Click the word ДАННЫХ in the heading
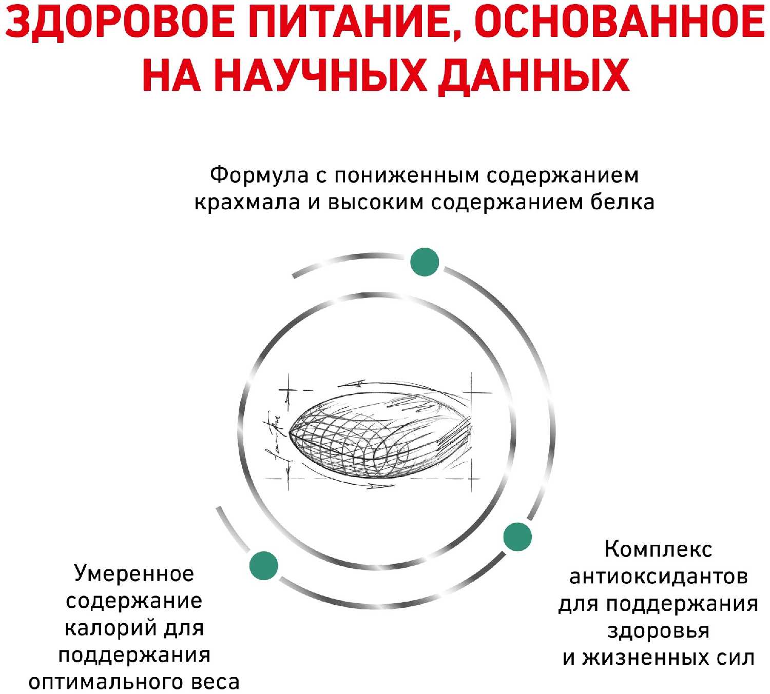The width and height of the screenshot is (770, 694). [534, 76]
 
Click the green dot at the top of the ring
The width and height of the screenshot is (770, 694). [425, 262]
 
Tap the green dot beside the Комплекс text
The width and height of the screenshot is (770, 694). [517, 537]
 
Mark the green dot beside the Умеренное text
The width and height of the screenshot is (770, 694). [264, 566]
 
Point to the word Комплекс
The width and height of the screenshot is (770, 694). [658, 549]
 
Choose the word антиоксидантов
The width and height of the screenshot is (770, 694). [658, 577]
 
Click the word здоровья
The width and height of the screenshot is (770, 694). [658, 631]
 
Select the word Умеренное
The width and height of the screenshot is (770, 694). [134, 573]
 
